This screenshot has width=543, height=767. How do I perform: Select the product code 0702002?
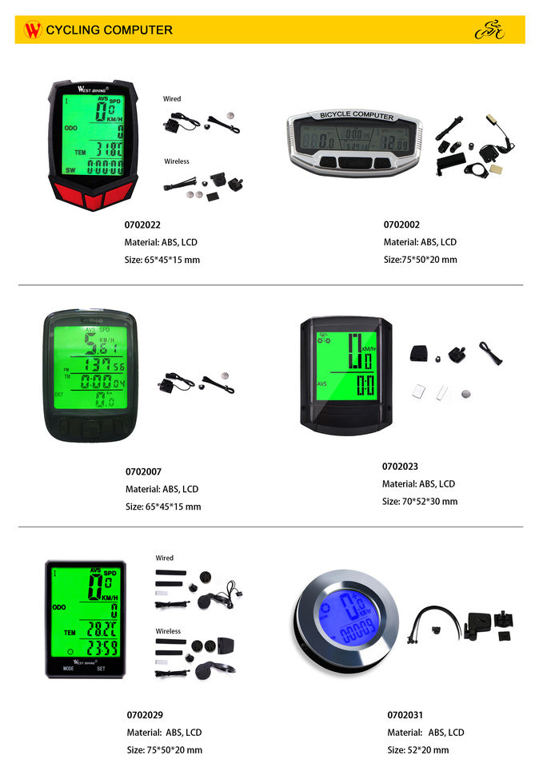[x=401, y=225]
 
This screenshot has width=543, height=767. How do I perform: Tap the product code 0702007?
[x=143, y=471]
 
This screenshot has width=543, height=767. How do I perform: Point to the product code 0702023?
[x=400, y=466]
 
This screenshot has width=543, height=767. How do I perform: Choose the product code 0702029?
[x=145, y=714]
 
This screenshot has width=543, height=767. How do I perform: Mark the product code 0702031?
[x=405, y=714]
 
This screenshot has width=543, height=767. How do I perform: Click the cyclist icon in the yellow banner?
[x=490, y=30]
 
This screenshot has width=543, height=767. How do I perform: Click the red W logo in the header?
[x=33, y=30]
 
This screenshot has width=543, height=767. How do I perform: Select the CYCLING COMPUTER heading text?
[x=110, y=30]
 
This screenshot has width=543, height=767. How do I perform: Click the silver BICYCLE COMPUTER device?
[x=352, y=141]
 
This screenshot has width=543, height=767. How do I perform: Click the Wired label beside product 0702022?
[x=172, y=99]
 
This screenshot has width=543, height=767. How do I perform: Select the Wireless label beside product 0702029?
[x=168, y=631]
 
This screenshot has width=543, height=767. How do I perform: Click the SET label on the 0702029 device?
[x=101, y=669]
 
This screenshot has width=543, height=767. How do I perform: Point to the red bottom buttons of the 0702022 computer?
[x=93, y=195]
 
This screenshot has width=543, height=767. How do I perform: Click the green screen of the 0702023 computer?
[x=346, y=365]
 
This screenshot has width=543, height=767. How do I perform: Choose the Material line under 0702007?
[x=162, y=489]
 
